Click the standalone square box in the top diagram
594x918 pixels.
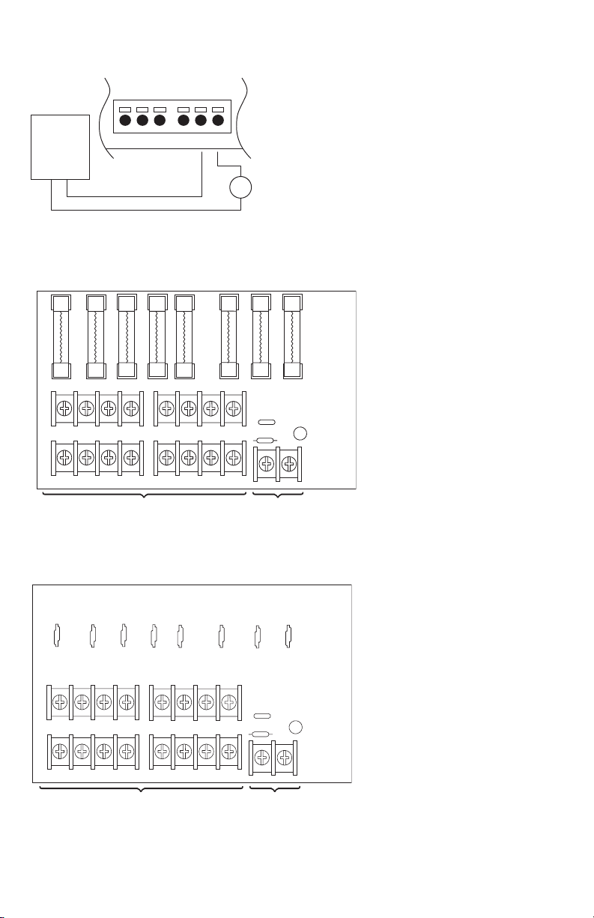tap(60, 146)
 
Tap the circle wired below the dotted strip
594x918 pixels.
tap(240, 187)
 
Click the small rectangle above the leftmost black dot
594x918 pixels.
tap(126, 109)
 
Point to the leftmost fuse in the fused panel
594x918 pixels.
tap(60, 337)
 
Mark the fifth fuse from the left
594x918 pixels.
tap(184, 337)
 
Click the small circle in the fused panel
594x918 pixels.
tap(300, 433)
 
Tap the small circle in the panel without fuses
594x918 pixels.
tap(296, 727)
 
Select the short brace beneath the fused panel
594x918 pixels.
tap(278, 496)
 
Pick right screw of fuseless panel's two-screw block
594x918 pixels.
tap(284, 758)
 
